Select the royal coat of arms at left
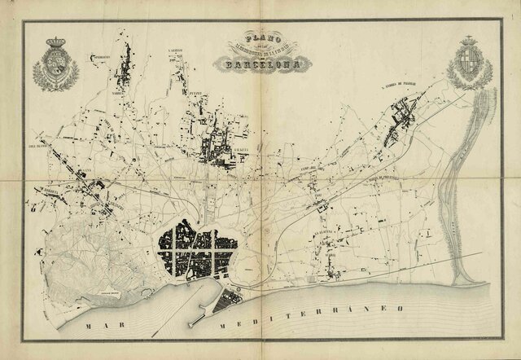click(x=55, y=65)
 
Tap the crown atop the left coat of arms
click(x=55, y=42)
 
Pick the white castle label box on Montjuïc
click(x=107, y=292)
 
